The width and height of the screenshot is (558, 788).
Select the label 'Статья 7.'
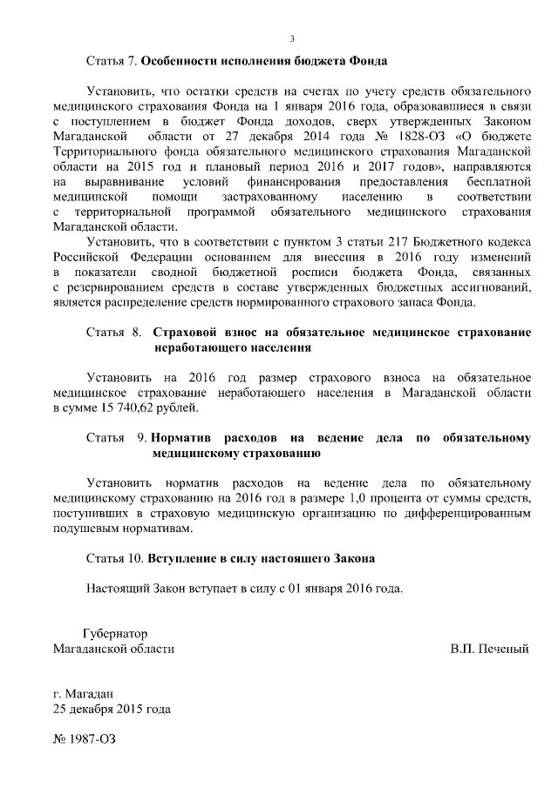click(112, 62)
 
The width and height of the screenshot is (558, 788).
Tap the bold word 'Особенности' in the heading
click(180, 62)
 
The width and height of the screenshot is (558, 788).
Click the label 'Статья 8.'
click(113, 333)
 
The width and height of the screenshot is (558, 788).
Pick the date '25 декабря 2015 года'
click(112, 709)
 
